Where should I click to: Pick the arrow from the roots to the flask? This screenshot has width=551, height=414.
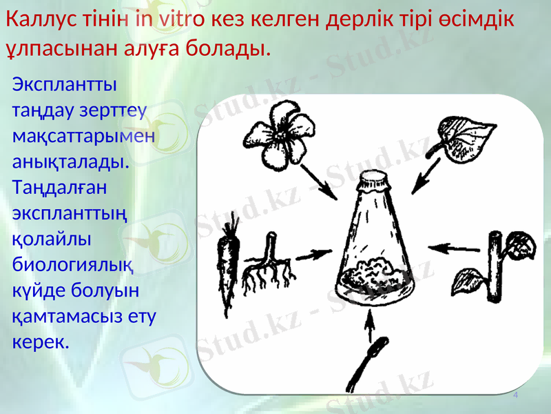pyautogui.click(x=313, y=255)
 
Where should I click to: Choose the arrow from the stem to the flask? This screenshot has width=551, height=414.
pyautogui.click(x=450, y=246)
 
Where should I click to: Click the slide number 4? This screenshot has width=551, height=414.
pyautogui.click(x=515, y=394)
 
